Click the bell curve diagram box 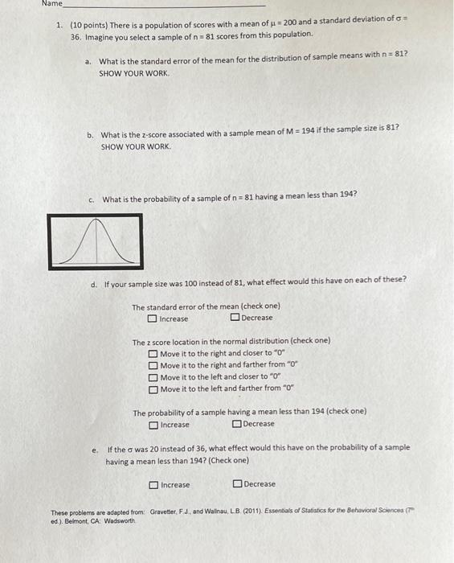[96, 240]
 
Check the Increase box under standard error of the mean [153, 318]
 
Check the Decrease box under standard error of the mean [235, 318]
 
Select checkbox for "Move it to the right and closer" [153, 354]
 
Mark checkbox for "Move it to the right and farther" [153, 365]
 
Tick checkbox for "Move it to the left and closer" [153, 377]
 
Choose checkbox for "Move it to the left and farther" [153, 389]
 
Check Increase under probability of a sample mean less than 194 [153, 425]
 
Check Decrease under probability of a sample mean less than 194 [236, 424]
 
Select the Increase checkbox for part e [153, 485]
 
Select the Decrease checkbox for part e [237, 484]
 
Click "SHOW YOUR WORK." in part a [135, 73]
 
